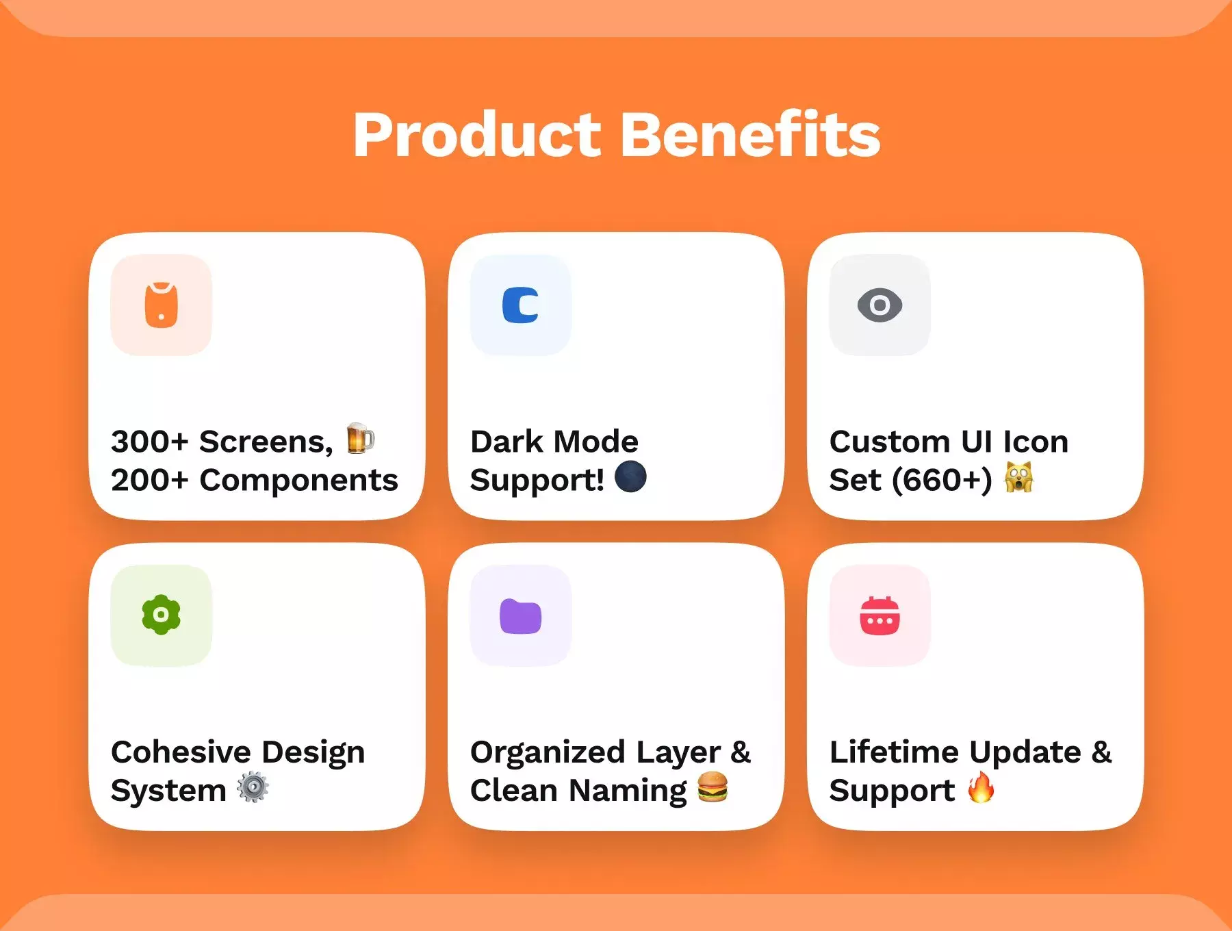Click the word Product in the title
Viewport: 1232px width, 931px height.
(477, 135)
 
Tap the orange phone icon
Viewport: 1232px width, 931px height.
(162, 305)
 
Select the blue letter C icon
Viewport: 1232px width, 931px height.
(520, 305)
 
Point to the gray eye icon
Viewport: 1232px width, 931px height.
(880, 305)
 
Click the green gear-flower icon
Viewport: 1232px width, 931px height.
(162, 615)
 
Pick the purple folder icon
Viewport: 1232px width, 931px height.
(521, 616)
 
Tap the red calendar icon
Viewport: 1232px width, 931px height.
(880, 615)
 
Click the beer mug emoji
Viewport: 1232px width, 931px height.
(360, 438)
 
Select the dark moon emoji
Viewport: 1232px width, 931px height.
(630, 476)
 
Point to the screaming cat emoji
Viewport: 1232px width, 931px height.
(1019, 476)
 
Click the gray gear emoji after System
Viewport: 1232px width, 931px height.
(253, 787)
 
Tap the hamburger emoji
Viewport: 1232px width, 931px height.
(713, 787)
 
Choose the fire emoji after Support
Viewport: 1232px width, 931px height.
(981, 787)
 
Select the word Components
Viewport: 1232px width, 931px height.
(298, 480)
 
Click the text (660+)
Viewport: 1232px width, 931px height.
(942, 480)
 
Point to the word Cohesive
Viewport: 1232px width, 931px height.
(181, 752)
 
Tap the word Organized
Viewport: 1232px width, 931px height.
(548, 753)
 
